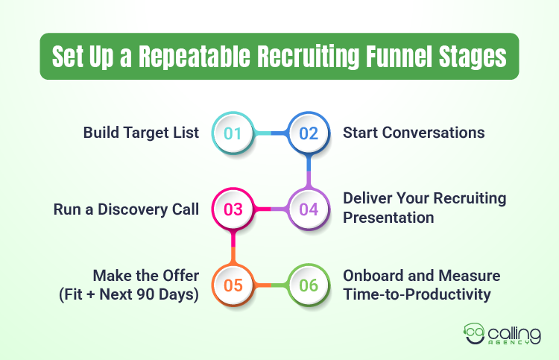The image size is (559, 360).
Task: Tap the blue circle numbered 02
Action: (309, 133)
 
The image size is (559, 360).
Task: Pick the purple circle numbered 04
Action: (309, 209)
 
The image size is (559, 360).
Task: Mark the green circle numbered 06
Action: (309, 284)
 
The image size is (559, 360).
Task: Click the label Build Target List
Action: (141, 133)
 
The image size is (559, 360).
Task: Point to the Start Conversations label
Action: (414, 133)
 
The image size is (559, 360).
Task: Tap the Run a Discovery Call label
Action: (126, 209)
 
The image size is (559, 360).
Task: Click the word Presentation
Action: (388, 218)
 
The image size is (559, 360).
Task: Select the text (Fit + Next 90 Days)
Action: (128, 294)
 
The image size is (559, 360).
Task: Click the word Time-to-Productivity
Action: (417, 294)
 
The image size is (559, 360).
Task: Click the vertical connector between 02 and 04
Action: (309, 171)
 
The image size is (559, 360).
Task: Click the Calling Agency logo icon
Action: (475, 332)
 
